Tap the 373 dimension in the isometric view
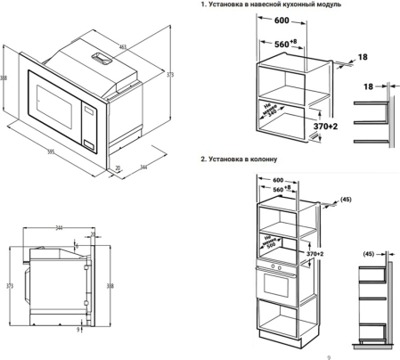click(x=169, y=77)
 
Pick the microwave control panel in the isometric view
click(x=89, y=126)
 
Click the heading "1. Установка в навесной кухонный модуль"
click(x=271, y=5)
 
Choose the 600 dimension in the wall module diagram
click(x=281, y=20)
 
